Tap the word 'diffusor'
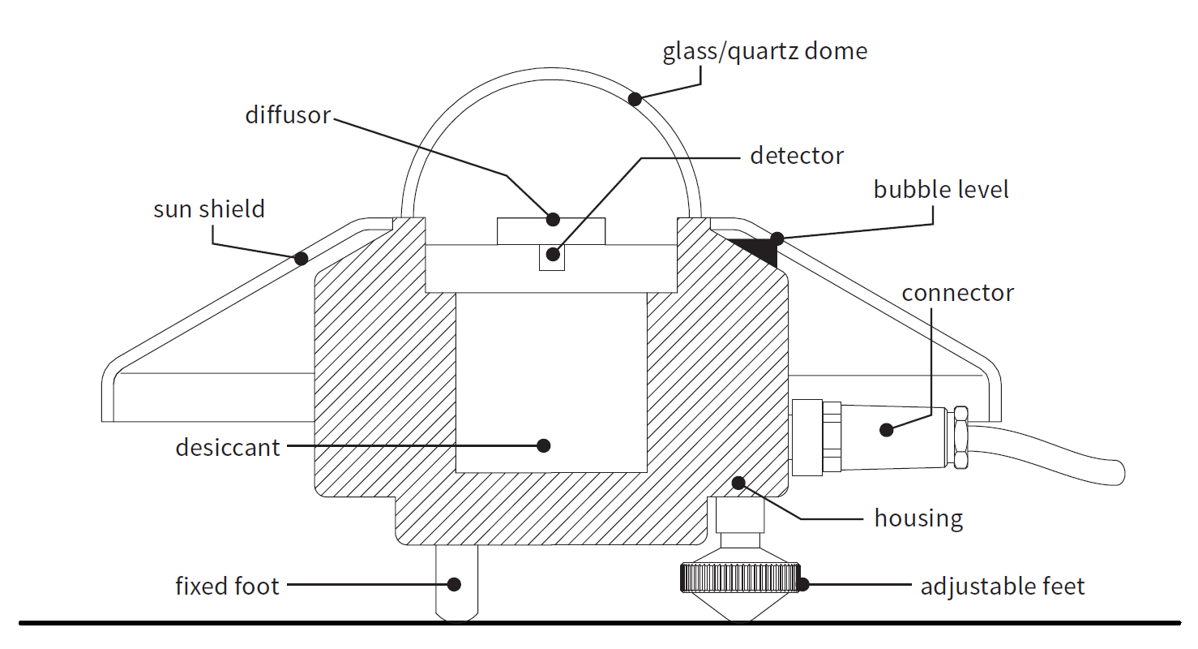coord(288,115)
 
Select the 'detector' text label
coord(797,156)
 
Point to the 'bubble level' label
coord(941,190)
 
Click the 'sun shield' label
coord(209,208)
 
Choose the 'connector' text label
coord(957,293)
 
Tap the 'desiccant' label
coord(227,447)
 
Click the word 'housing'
coord(918,519)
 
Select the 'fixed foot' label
coord(227,586)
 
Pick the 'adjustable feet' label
coord(1003,587)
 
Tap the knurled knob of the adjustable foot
coord(741,578)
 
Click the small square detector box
coord(551,257)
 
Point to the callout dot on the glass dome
coord(635,99)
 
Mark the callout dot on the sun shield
coord(301,259)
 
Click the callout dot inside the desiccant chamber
coord(543,445)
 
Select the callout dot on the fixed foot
coord(454,584)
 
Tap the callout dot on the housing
coord(738,483)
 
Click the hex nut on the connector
coord(961,437)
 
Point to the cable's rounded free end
coord(1119,473)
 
